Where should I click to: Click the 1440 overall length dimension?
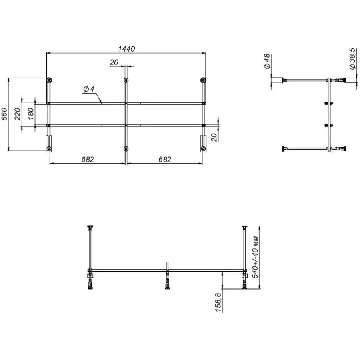tap(126, 48)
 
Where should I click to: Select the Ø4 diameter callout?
tap(88, 90)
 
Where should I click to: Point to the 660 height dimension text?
tap(4, 115)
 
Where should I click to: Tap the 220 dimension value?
tap(18, 114)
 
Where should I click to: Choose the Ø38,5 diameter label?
tap(352, 59)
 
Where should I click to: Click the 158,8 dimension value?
tap(218, 302)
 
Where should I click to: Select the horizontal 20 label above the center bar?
tap(114, 62)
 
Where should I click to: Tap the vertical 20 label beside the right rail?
tap(214, 137)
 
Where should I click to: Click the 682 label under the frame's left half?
tap(87, 159)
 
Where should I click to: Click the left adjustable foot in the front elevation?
tap(90, 282)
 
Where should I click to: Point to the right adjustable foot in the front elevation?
tap(244, 282)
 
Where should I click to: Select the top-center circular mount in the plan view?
tap(126, 80)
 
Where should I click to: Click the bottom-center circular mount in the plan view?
tap(126, 149)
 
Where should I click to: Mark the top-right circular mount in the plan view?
tap(203, 80)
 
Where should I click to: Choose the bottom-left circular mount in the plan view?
tap(49, 149)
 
